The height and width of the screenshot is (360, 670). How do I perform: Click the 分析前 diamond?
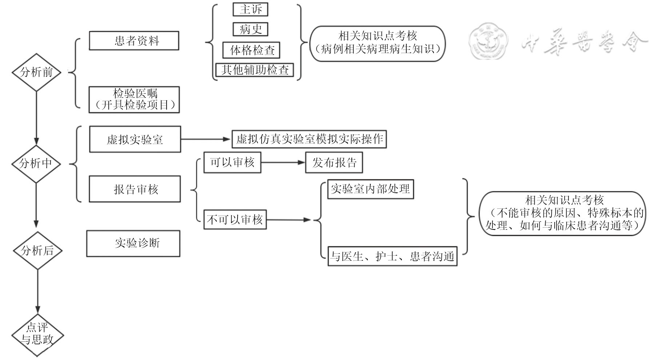(x=36, y=72)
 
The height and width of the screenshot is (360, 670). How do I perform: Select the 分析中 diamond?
(x=36, y=164)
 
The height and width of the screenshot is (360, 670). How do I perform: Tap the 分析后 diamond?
(x=37, y=251)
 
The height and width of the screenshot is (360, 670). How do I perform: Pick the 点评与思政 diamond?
(x=37, y=335)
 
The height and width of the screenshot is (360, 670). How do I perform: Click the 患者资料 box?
(x=134, y=41)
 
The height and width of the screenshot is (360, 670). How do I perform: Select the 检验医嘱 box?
(x=134, y=100)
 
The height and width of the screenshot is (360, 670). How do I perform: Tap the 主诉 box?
(x=250, y=9)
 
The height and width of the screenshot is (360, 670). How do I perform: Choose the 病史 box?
(x=250, y=29)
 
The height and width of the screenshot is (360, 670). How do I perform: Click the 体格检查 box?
(x=251, y=50)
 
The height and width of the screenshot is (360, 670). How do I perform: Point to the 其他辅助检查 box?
(x=255, y=70)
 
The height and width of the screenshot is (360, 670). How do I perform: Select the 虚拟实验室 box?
(x=135, y=139)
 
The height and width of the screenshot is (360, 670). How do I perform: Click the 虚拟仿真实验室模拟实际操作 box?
(x=309, y=139)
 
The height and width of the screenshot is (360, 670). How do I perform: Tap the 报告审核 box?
(x=135, y=189)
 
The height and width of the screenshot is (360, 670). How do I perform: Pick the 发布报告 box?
(x=334, y=163)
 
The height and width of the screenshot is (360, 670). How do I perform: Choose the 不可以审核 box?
(x=235, y=220)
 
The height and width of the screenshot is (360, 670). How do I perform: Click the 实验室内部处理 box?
(x=370, y=189)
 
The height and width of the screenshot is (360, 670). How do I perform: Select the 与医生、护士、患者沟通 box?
(x=392, y=256)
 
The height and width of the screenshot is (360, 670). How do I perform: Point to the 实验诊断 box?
(x=133, y=243)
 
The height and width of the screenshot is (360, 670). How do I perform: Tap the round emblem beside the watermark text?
(x=488, y=43)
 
